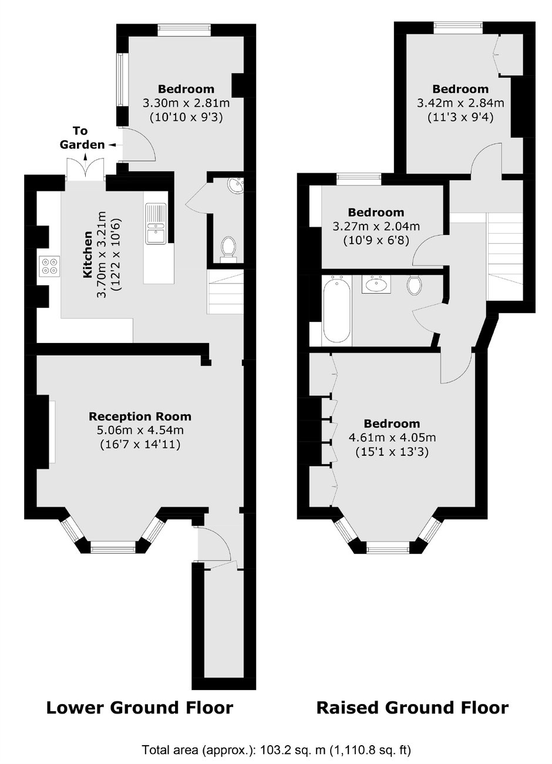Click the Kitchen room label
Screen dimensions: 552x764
tap(88, 254)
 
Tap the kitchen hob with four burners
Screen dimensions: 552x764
tap(49, 266)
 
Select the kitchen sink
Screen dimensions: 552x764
tap(155, 223)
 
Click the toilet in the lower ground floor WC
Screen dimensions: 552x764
tap(228, 248)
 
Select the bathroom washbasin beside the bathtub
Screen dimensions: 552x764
tap(376, 284)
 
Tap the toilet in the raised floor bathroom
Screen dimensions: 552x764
tap(414, 284)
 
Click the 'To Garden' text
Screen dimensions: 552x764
tap(82, 138)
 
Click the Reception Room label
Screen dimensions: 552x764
tap(140, 416)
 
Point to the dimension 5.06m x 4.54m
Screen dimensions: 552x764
tap(140, 430)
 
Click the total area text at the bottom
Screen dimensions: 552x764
tap(277, 749)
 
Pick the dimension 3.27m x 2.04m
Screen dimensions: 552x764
tap(376, 226)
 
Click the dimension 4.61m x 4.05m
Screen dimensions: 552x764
tap(392, 437)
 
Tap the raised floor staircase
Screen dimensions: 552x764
tap(504, 257)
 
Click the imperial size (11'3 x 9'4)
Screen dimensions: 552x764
tap(460, 117)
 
